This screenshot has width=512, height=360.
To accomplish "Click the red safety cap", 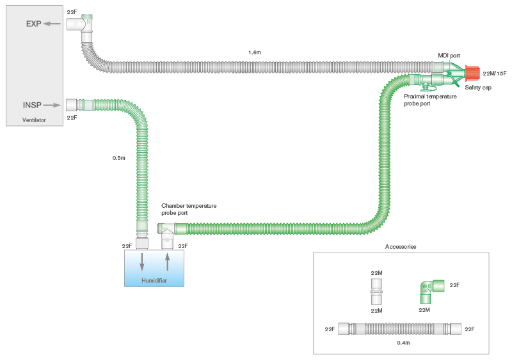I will coord(472,74).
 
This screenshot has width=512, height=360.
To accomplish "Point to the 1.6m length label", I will coord(254,52).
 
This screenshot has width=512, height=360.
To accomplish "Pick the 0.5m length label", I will coord(118,157).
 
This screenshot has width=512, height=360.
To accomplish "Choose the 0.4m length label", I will coord(403,343).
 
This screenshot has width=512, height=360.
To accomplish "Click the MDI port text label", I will coord(449,56).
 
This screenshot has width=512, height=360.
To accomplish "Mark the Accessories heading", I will coord(401,247).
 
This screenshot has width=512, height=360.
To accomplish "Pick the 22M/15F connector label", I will coord(495,74).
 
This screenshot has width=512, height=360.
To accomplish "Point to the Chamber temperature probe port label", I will coord(189,209).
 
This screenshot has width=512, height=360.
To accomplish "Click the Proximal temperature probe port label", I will coord(430,100).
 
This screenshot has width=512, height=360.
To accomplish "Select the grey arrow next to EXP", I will coord(53,24).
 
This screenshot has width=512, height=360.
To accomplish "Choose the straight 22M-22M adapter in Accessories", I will coord(377,292).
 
